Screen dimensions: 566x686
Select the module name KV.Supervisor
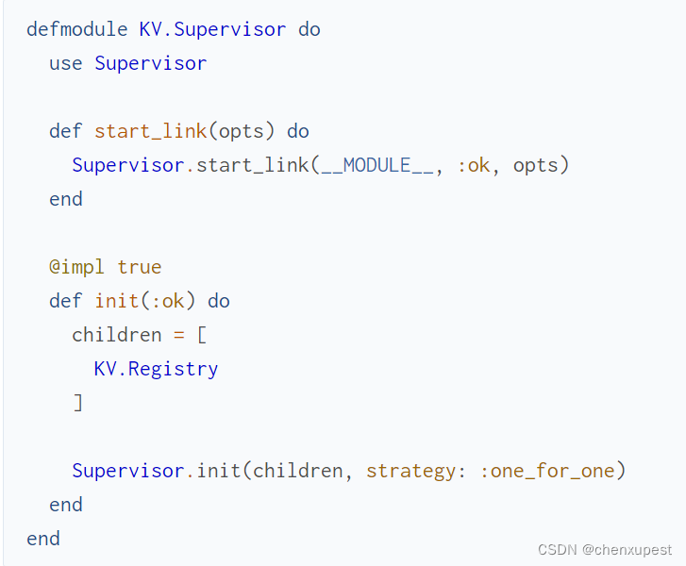coord(212,29)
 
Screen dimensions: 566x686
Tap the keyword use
coord(66,63)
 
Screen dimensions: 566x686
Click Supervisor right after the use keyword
coord(150,63)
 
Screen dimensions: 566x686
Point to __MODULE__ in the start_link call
coord(376,165)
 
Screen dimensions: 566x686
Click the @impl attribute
coord(77,267)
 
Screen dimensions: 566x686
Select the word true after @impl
coord(139,267)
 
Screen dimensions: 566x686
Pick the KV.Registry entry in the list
coord(156,369)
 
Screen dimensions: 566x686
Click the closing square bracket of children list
coord(77,403)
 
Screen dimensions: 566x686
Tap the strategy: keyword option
coord(416,471)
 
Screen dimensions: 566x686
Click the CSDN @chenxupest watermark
coord(605,550)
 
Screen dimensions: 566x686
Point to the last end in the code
coord(43,539)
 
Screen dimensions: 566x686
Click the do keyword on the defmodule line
coord(310,29)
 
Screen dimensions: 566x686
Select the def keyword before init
coord(66,301)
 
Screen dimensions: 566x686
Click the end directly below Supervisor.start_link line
coord(66,199)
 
